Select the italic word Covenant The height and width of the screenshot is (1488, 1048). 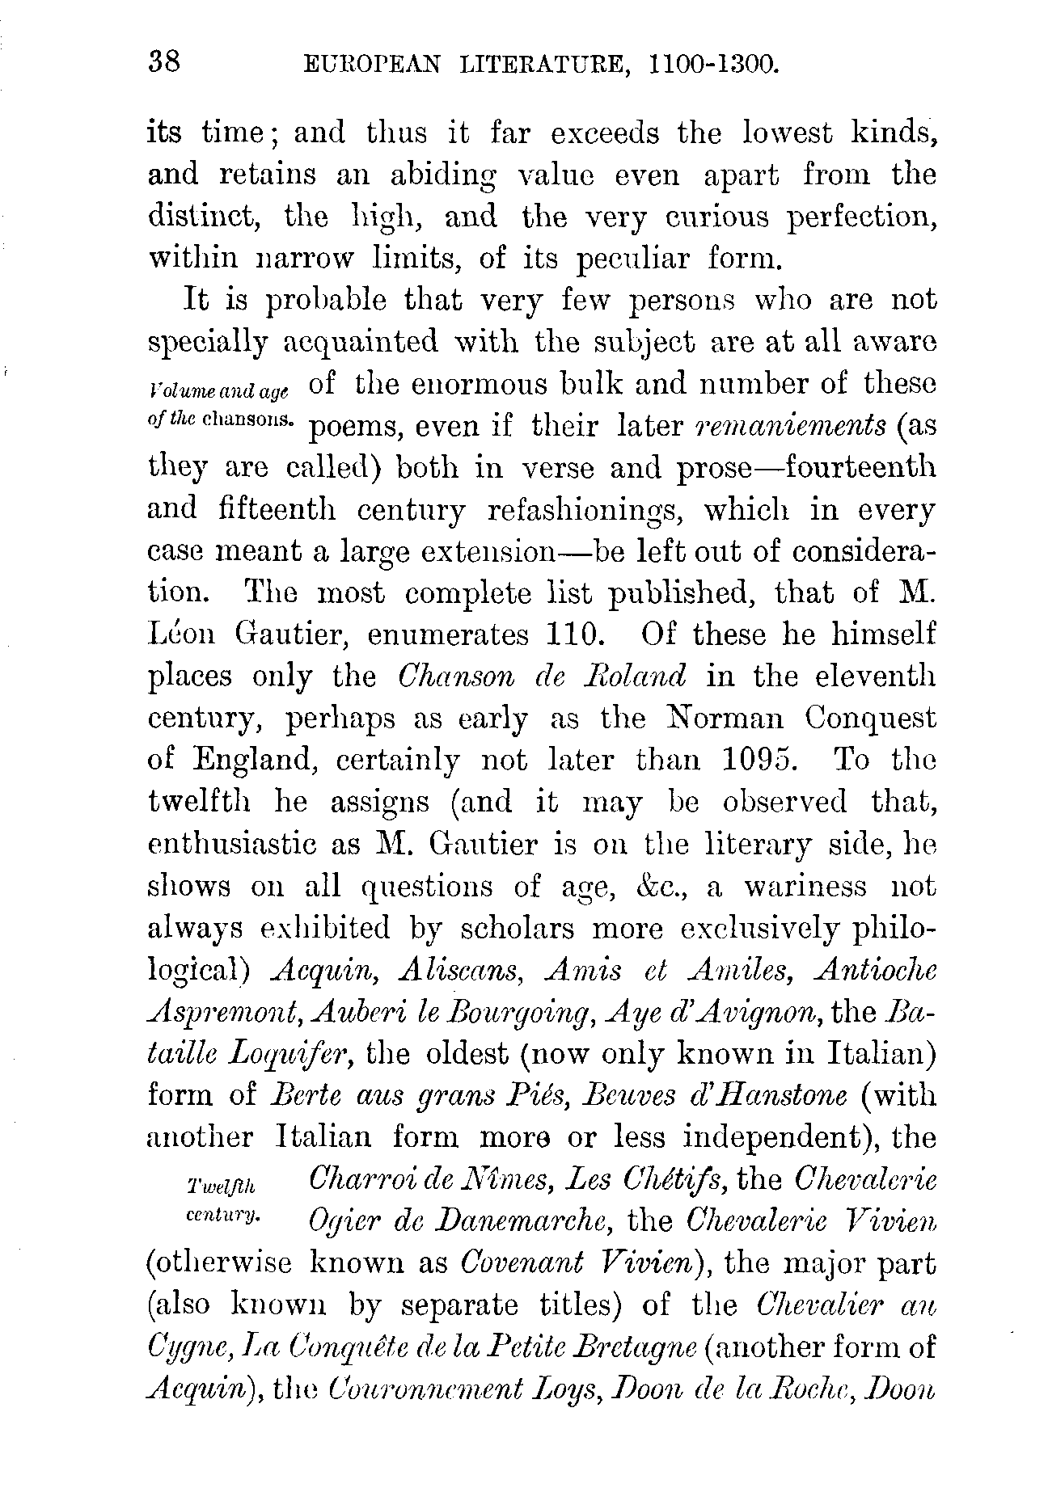point(513,1262)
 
